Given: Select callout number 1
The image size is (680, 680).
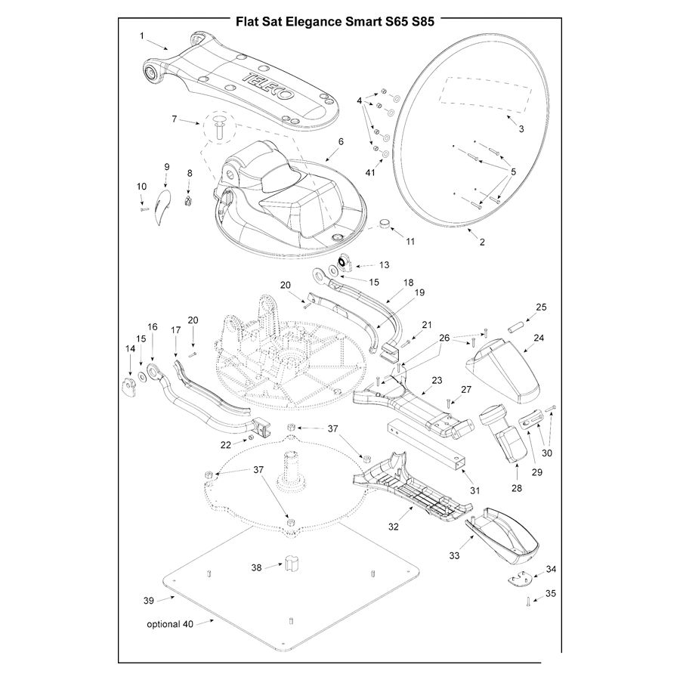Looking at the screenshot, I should [141, 35].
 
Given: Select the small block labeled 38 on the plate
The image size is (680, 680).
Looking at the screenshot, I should [292, 564].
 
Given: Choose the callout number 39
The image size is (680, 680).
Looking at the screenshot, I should [148, 601].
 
